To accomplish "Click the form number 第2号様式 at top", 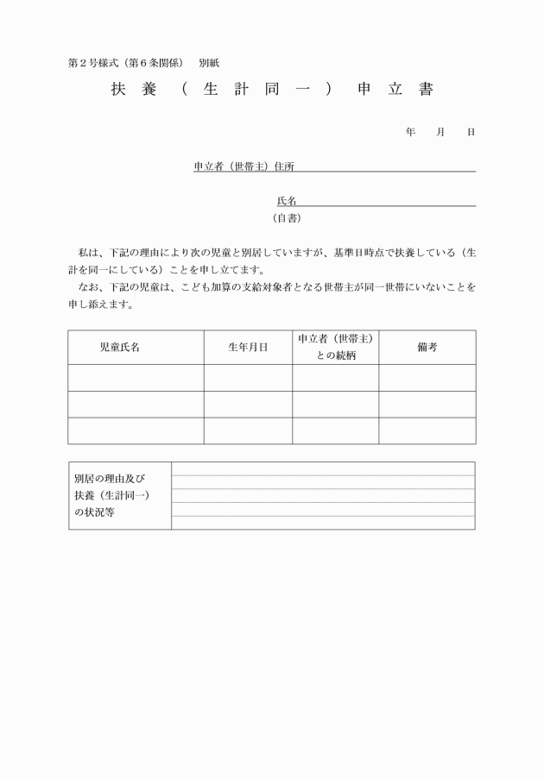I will (x=93, y=63).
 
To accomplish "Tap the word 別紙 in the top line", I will (x=208, y=63).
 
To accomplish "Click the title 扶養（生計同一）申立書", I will (x=272, y=90).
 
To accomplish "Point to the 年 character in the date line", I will (x=410, y=132).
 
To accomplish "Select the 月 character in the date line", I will (x=440, y=132).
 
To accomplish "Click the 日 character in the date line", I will (x=471, y=132).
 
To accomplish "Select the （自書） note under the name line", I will (x=287, y=218).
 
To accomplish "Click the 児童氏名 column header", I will (x=119, y=347).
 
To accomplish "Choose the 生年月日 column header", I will (x=248, y=347).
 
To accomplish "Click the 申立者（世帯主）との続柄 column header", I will (x=335, y=347).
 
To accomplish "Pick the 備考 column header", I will (x=427, y=347).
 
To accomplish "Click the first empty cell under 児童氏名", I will (x=136, y=378).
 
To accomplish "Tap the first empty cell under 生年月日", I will (x=248, y=378).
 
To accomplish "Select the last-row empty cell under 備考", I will (x=427, y=430).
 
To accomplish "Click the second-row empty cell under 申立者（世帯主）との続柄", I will (x=335, y=404).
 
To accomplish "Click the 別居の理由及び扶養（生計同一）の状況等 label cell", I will (x=119, y=495).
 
